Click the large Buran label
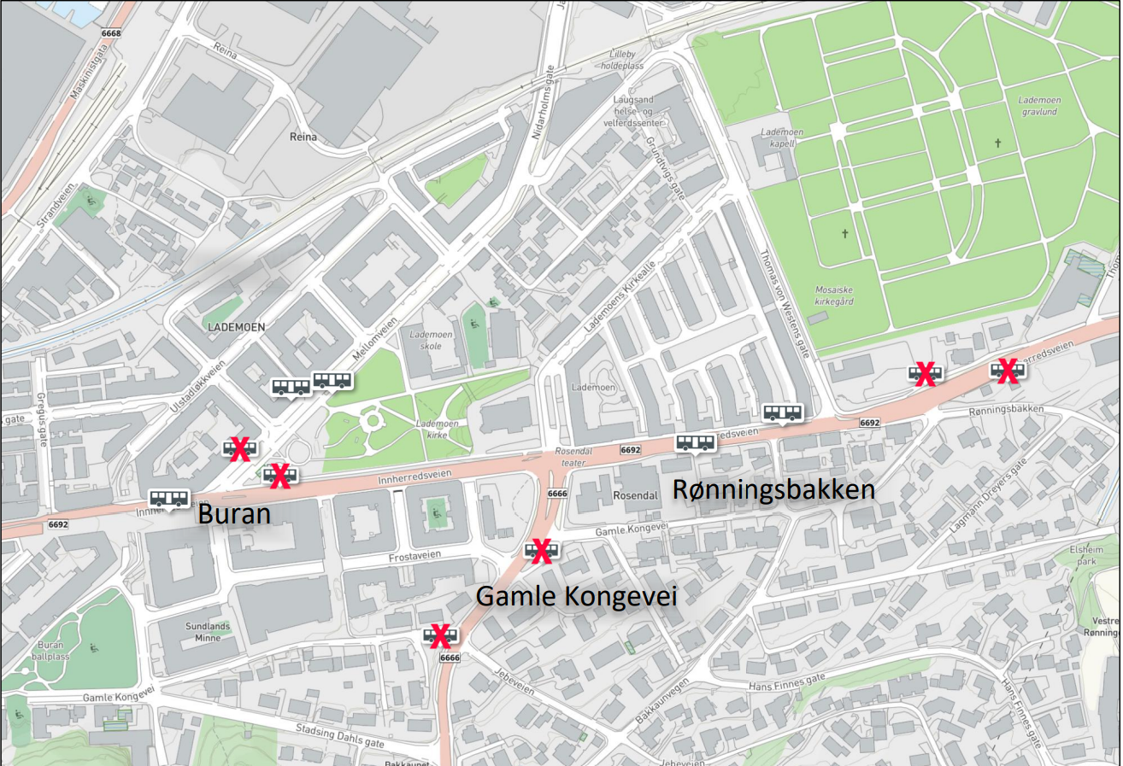click(234, 515)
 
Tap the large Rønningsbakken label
click(774, 489)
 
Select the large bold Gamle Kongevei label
click(576, 595)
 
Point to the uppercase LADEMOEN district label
click(237, 327)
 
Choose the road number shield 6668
click(111, 33)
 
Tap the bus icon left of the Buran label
click(168, 498)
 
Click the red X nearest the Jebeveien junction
click(440, 635)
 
